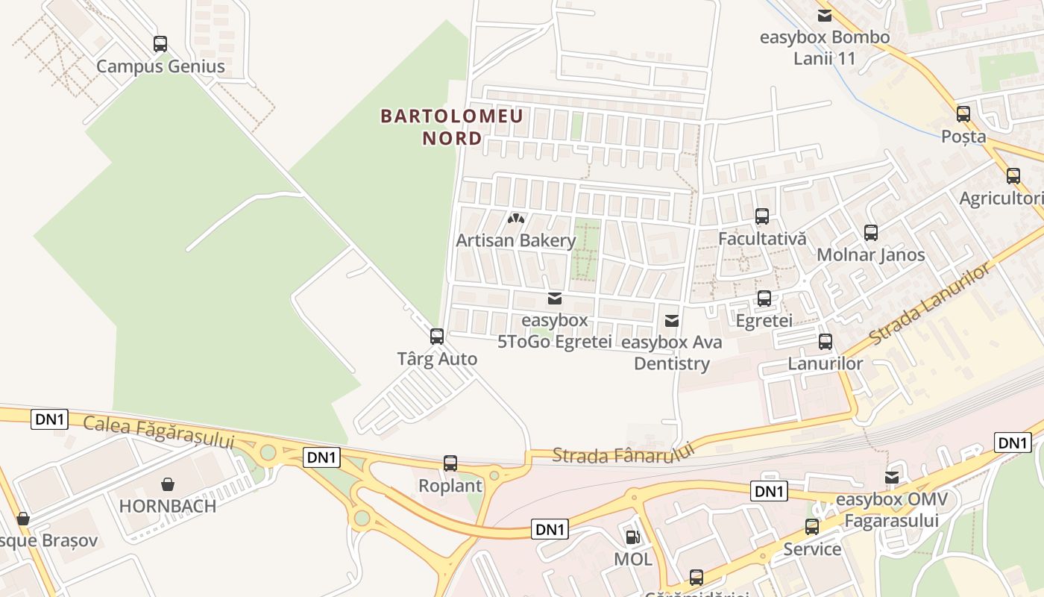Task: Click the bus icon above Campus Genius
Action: (x=160, y=44)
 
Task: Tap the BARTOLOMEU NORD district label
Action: (x=452, y=127)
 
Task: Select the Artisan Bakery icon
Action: (x=515, y=219)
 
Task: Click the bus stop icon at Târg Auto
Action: (x=437, y=337)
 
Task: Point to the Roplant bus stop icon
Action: (x=450, y=463)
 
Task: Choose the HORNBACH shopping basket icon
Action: (x=168, y=484)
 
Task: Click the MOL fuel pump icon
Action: (x=632, y=537)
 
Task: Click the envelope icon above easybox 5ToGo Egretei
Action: (x=555, y=298)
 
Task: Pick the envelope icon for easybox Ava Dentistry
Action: (x=672, y=321)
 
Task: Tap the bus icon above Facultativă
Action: (x=762, y=216)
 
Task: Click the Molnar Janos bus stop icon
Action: (x=871, y=232)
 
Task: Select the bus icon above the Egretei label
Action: (x=764, y=298)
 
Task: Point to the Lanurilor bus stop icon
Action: (x=826, y=342)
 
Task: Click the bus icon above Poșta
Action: (x=963, y=114)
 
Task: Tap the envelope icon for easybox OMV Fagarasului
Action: (x=892, y=478)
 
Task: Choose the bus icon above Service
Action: (x=812, y=527)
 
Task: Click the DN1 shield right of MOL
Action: (x=770, y=491)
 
